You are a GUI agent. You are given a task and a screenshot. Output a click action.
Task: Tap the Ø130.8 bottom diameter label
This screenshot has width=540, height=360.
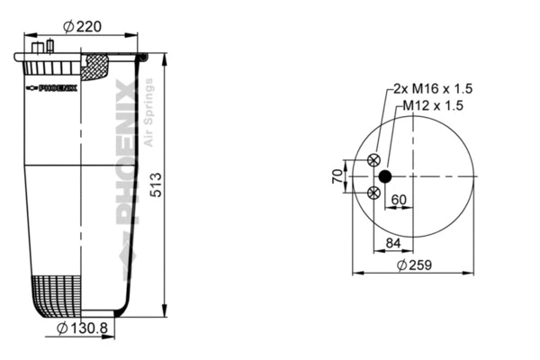click(82, 328)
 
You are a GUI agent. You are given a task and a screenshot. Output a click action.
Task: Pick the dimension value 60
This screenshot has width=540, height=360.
click(399, 200)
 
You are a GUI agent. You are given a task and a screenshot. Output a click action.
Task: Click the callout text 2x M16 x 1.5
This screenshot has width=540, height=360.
click(433, 89)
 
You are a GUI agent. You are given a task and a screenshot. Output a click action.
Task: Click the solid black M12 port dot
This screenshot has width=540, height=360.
click(385, 175)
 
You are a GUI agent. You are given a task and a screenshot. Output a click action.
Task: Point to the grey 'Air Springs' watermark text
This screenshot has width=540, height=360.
click(149, 112)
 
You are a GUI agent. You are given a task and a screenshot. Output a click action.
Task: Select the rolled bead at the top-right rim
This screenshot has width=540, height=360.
click(143, 58)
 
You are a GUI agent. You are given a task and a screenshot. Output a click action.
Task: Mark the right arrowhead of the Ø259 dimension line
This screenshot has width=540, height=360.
click(472, 272)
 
